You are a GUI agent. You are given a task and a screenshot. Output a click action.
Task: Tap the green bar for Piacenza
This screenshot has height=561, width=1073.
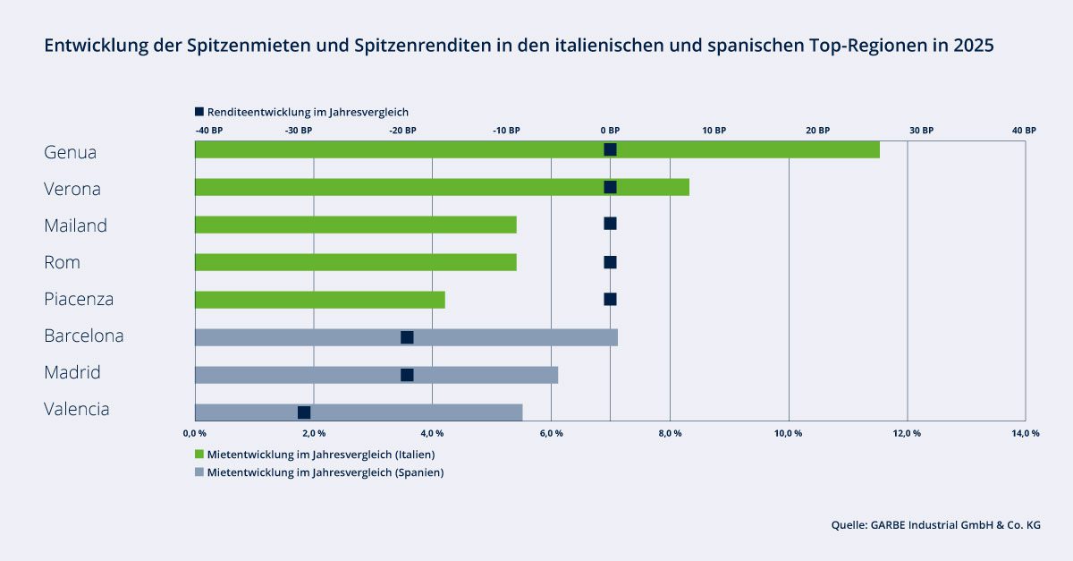tap(319, 300)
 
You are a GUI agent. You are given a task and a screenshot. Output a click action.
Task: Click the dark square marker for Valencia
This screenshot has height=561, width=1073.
tap(304, 412)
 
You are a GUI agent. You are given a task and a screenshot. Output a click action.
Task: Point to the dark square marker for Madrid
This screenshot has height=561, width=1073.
tap(407, 375)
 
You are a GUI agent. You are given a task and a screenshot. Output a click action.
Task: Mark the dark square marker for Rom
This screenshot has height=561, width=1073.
tap(610, 262)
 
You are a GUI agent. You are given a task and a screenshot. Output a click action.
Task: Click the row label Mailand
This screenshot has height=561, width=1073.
tap(75, 225)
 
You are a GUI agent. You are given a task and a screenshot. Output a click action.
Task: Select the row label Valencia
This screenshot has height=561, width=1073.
tap(77, 409)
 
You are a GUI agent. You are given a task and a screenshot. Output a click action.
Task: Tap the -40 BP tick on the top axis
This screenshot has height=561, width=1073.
tap(209, 131)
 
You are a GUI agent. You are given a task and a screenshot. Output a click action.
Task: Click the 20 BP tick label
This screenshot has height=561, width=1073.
tap(817, 131)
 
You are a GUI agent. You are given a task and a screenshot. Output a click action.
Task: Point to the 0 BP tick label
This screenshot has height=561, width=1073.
tap(611, 131)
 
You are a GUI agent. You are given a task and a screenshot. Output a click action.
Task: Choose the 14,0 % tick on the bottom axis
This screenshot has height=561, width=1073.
tap(1025, 434)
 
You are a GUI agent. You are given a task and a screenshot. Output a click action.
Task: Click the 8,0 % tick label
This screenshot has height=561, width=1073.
tap(670, 434)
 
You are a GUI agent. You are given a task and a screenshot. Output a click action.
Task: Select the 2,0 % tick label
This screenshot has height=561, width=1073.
tap(314, 434)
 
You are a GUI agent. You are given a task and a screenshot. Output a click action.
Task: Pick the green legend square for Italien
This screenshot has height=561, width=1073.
tap(199, 455)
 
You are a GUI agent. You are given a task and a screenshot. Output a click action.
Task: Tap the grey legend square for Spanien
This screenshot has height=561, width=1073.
tap(199, 472)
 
